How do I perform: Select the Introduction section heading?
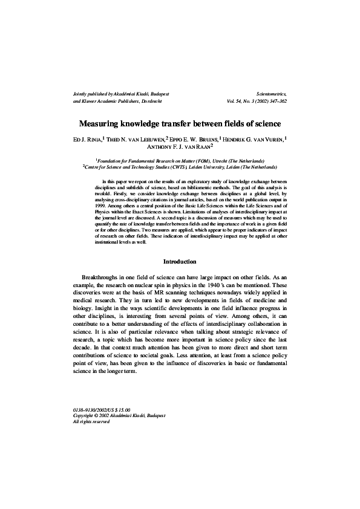(x=180, y=262)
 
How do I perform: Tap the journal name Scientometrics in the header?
(x=272, y=94)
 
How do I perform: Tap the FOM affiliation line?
(x=180, y=161)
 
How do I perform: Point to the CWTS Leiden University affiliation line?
(x=180, y=167)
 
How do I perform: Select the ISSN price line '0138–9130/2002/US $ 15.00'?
(x=101, y=410)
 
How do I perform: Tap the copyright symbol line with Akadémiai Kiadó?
(x=119, y=416)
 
